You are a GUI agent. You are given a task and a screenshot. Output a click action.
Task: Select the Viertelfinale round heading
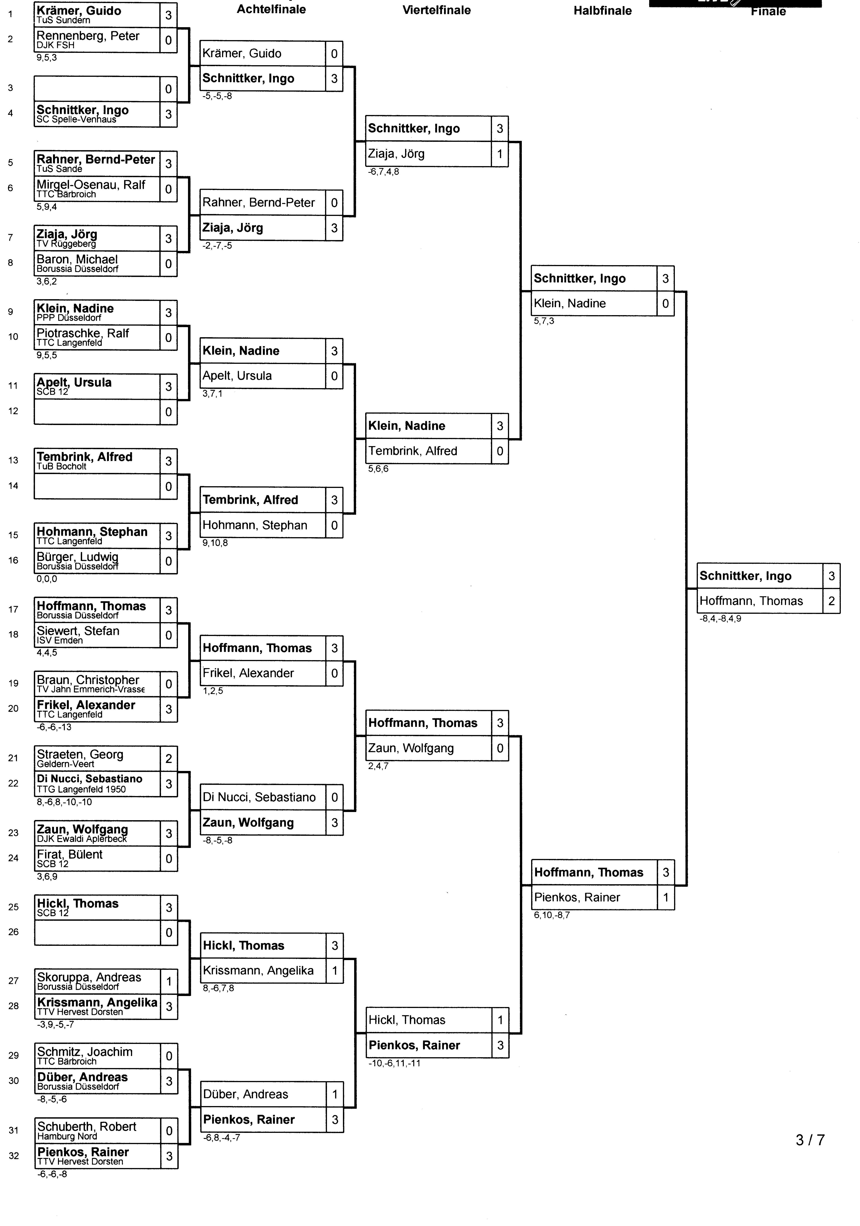436,10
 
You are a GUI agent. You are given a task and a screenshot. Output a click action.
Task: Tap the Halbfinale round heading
603,11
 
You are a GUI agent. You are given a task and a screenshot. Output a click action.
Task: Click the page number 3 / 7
810,1140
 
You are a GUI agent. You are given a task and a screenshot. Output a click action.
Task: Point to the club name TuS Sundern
63,20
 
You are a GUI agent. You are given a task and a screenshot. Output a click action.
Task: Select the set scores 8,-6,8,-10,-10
64,802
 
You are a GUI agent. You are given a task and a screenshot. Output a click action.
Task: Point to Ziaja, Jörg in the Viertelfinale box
396,154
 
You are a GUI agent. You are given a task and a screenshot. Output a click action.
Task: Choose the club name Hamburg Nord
67,1136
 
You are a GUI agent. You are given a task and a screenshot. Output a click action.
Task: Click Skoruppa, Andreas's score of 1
169,981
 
